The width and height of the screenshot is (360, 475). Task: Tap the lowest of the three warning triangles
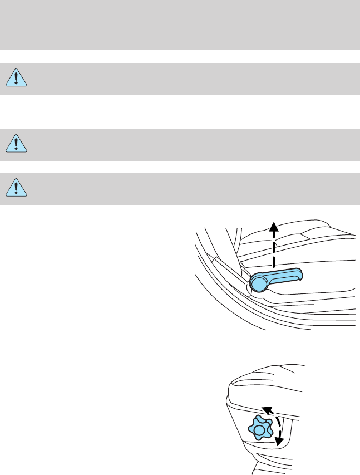tap(17, 188)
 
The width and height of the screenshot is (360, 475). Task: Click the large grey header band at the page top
tap(180, 25)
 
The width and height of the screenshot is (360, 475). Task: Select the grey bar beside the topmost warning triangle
tap(189, 78)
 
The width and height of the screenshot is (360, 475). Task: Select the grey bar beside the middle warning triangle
tap(189, 144)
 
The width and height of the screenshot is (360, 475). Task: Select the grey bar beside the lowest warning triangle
tap(189, 188)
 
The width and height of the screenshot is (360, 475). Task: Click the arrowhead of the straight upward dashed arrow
tap(273, 225)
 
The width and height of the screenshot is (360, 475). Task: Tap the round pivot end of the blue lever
tap(259, 283)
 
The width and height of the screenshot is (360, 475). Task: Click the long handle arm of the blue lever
tap(284, 275)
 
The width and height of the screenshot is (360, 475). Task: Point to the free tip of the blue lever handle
tap(300, 272)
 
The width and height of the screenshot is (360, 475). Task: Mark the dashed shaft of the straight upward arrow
tap(273, 248)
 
